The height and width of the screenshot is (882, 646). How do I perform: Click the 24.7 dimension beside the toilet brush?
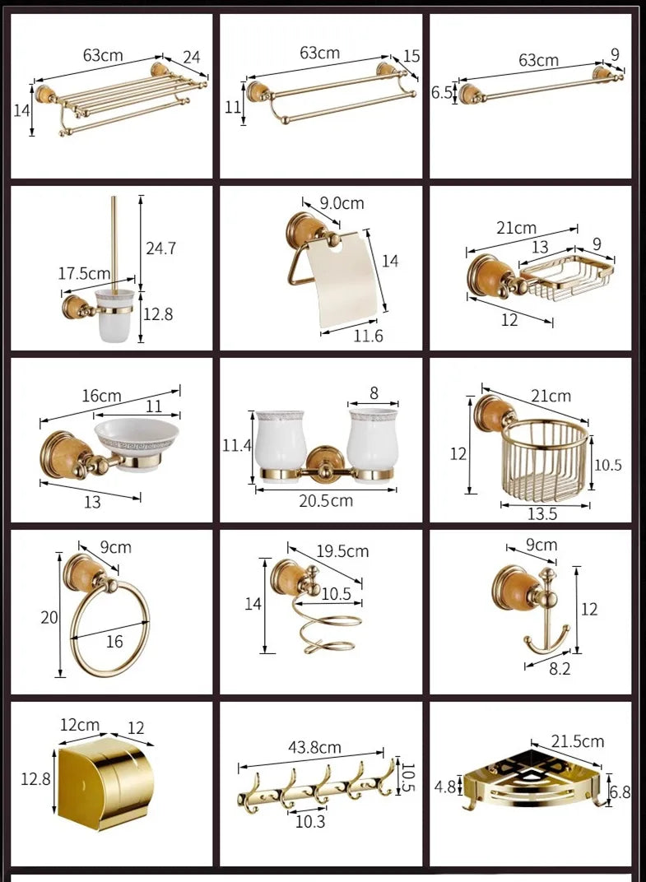pyautogui.click(x=161, y=248)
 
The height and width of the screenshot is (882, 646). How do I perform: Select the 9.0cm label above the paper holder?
pyautogui.click(x=342, y=203)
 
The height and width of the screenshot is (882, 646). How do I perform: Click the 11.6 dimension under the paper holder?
pyautogui.click(x=368, y=336)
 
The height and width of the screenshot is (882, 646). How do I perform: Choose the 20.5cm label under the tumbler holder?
pyautogui.click(x=326, y=500)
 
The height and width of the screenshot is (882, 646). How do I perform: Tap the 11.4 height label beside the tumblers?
pyautogui.click(x=236, y=446)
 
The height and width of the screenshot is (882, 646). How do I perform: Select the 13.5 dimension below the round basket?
pyautogui.click(x=542, y=513)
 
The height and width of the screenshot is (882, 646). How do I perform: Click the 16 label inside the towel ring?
pyautogui.click(x=114, y=641)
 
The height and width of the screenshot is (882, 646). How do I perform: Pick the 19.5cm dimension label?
pyautogui.click(x=342, y=551)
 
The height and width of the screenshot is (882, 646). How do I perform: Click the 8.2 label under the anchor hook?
pyautogui.click(x=560, y=669)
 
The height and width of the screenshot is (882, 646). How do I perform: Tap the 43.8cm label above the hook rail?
pyautogui.click(x=314, y=748)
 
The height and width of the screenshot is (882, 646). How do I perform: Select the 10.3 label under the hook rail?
pyautogui.click(x=310, y=822)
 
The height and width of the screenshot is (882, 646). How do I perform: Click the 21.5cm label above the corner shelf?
pyautogui.click(x=578, y=741)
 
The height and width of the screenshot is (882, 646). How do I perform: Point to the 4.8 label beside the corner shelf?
pyautogui.click(x=445, y=787)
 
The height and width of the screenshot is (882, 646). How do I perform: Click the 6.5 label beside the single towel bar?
pyautogui.click(x=442, y=92)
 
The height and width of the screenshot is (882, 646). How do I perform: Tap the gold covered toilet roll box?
pyautogui.click(x=105, y=783)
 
